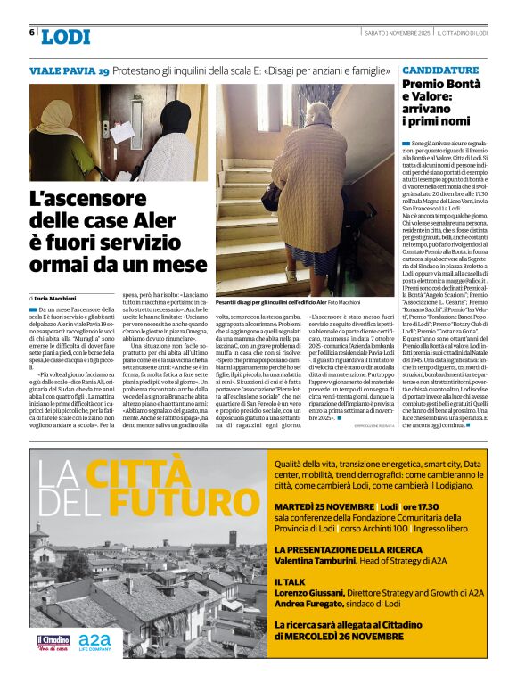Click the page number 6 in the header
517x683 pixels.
coord(32,33)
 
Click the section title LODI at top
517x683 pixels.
coord(66,37)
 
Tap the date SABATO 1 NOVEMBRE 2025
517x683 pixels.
coord(395,33)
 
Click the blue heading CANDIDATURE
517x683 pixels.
coord(439,69)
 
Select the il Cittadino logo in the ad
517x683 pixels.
coord(53,642)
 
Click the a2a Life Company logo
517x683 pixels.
coord(94,642)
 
